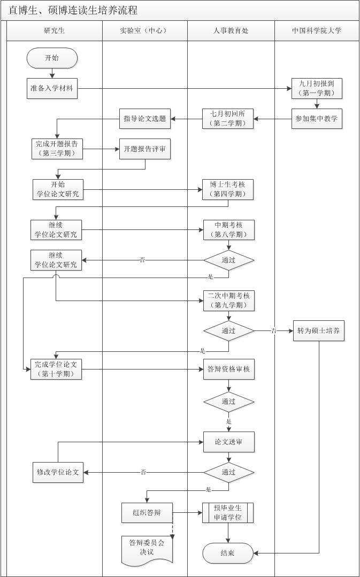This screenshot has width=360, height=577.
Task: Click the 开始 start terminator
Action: click(52, 58)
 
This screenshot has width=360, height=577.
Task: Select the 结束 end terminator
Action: click(228, 553)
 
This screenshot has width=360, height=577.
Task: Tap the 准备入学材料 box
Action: click(52, 88)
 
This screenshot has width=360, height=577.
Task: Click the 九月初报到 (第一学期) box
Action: click(317, 88)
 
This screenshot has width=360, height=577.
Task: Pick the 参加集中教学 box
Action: click(317, 119)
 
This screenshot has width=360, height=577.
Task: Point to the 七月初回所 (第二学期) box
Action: click(228, 119)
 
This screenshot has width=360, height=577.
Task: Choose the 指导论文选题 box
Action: click(145, 119)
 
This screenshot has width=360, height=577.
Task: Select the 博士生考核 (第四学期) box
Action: click(228, 189)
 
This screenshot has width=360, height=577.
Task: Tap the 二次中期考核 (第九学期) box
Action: click(228, 301)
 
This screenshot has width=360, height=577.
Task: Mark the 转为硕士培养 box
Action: click(319, 331)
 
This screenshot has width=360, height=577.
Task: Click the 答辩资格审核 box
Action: click(228, 369)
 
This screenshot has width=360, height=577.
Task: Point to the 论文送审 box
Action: click(228, 442)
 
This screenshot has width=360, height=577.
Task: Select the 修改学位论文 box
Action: click(58, 472)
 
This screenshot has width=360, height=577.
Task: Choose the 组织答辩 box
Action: click(147, 512)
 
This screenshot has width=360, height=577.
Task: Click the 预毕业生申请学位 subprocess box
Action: click(228, 512)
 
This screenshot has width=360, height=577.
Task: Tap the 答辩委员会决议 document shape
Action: click(147, 548)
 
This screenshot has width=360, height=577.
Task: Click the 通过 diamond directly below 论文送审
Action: click(228, 473)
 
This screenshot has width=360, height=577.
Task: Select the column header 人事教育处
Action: click(231, 31)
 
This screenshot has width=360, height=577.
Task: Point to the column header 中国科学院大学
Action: click(317, 31)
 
